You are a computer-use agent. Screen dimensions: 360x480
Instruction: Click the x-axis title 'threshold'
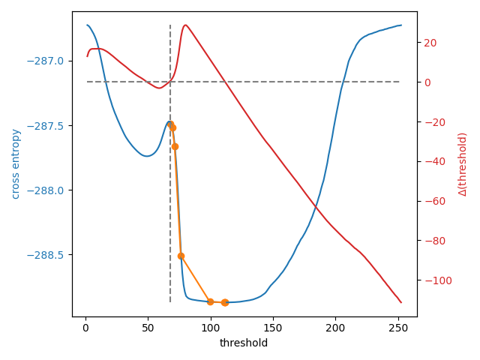[x=243, y=343]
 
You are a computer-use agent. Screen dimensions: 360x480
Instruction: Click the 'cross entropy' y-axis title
[x=16, y=163]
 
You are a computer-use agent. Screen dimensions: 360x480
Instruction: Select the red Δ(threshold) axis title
[x=463, y=163]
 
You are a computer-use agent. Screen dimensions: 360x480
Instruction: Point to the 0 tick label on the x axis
[x=85, y=328]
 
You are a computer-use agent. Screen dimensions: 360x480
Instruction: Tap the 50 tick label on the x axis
[x=148, y=328]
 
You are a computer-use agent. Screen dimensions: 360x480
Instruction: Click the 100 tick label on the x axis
[x=211, y=328]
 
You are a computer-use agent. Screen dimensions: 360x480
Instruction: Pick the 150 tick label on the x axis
[x=273, y=328]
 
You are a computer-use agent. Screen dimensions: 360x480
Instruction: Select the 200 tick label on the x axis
[x=336, y=328]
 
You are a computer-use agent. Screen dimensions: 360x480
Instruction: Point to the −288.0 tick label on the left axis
[x=48, y=190]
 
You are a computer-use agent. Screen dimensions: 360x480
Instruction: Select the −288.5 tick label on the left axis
[x=48, y=255]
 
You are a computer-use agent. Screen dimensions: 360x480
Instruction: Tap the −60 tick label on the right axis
[x=431, y=201]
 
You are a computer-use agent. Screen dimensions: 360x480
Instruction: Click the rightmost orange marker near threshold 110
[x=224, y=302]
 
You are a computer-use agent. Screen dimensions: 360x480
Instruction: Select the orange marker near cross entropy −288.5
[x=181, y=256]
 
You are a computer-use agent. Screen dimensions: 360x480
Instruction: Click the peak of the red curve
[x=185, y=25]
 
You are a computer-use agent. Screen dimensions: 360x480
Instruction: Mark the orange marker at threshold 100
[x=210, y=301]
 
